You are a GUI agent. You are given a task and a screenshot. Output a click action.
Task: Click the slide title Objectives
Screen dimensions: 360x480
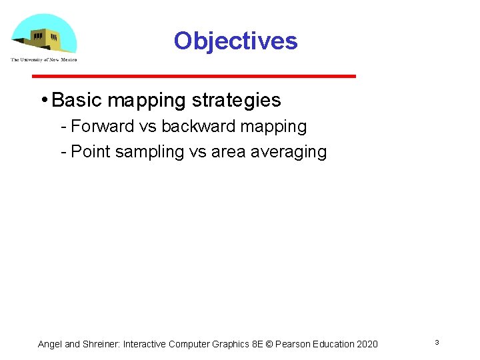tap(235, 41)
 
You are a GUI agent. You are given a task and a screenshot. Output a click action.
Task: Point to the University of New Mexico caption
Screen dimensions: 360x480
tap(43, 60)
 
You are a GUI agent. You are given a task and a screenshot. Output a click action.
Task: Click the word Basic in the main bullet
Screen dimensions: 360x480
tap(77, 101)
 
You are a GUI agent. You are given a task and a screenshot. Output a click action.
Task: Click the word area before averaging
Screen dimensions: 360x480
tap(229, 152)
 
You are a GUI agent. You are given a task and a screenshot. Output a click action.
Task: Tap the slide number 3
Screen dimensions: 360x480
tap(437, 343)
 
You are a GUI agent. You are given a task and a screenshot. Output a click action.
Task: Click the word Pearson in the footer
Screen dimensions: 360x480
tap(293, 344)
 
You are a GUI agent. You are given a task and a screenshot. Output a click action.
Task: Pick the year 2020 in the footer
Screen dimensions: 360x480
tap(366, 344)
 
